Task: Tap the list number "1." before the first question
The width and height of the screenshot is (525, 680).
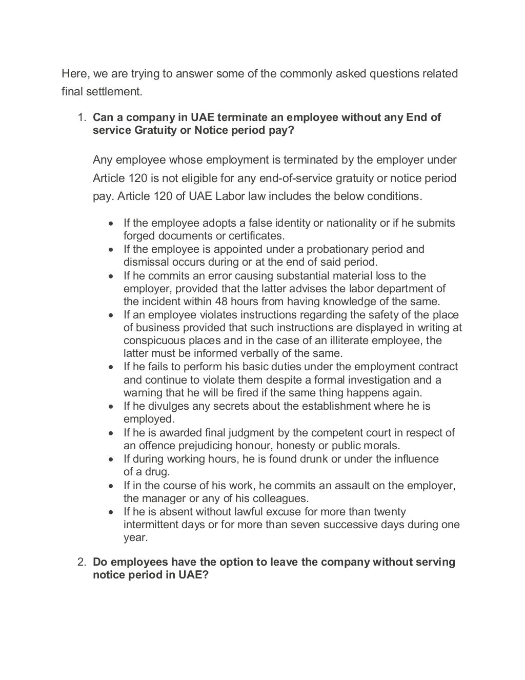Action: tap(82, 117)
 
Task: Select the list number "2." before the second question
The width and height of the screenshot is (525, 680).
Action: tap(82, 562)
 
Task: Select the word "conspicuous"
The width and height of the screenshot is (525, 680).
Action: tap(153, 341)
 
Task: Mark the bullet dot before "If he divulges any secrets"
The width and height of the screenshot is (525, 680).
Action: tap(112, 407)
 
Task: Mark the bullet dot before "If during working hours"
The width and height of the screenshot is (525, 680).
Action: tap(112, 459)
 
